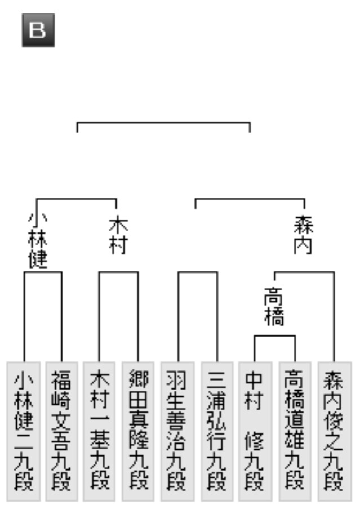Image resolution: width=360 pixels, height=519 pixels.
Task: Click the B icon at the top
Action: [38, 30]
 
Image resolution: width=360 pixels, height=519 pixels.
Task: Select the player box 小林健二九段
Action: [23, 431]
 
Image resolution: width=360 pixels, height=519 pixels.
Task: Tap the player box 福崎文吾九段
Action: [61, 431]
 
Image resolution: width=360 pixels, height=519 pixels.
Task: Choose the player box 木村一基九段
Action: [99, 431]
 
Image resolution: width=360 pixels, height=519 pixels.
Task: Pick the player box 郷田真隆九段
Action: [138, 431]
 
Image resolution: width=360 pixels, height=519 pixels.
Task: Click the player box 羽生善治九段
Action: [177, 431]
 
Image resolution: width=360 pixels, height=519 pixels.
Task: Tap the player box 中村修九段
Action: [255, 431]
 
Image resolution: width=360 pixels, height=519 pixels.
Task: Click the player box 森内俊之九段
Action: [334, 431]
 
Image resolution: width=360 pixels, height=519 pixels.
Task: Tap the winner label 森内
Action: [304, 236]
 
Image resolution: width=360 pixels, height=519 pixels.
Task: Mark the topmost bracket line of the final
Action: [163, 122]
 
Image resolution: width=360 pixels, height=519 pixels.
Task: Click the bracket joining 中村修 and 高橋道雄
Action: [274, 336]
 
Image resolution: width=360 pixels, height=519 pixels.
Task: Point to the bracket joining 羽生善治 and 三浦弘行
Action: [198, 272]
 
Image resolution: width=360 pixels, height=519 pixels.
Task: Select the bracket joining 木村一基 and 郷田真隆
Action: [118, 272]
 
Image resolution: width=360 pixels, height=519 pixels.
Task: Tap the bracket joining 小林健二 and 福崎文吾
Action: [42, 272]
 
